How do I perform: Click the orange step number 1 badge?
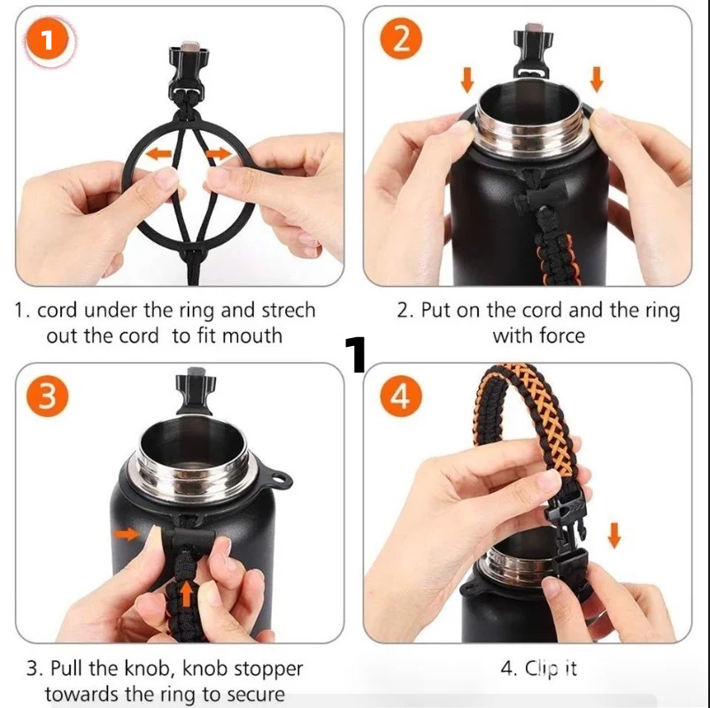[47, 40]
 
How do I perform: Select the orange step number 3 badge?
[48, 396]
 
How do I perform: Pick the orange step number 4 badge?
[401, 396]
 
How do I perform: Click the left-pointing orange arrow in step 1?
[158, 154]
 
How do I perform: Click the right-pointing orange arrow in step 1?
[219, 154]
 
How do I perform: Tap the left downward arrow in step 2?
[467, 81]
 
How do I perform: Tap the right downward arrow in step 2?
[597, 80]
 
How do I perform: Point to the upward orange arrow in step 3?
[187, 594]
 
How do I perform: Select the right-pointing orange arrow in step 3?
[127, 535]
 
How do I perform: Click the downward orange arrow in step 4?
[614, 535]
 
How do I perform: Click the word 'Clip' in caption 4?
[542, 669]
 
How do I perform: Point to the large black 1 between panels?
[356, 355]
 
